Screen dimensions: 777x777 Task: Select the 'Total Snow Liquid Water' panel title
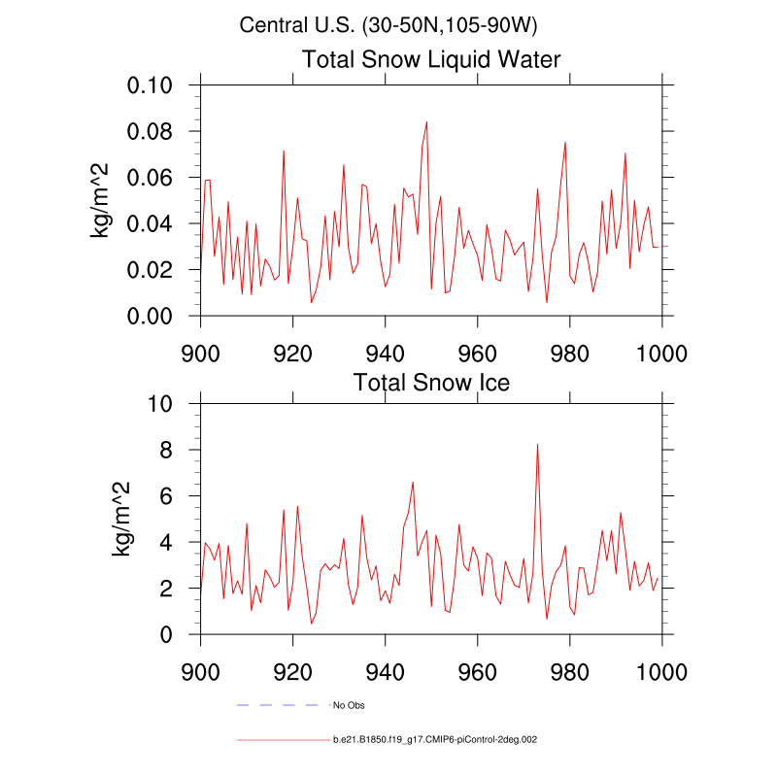click(431, 59)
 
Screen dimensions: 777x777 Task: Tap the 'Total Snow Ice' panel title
click(431, 382)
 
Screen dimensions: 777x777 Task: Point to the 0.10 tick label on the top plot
click(151, 85)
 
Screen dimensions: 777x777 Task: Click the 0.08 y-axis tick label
click(151, 131)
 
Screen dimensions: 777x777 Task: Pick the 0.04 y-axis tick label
click(151, 224)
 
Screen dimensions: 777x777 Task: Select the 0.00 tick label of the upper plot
click(151, 317)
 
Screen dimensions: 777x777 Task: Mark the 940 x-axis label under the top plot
click(386, 353)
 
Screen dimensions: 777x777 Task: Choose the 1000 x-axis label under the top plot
click(662, 353)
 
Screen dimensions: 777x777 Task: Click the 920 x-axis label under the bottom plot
click(292, 671)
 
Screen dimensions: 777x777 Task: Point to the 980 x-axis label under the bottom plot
click(570, 671)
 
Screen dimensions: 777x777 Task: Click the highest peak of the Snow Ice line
click(537, 445)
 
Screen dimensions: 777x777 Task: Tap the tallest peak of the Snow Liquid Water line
click(426, 122)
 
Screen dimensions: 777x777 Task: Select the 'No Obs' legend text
click(349, 704)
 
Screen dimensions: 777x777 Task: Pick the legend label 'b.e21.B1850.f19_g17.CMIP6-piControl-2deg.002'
click(434, 740)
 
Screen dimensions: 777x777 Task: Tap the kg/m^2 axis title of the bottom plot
click(121, 519)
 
